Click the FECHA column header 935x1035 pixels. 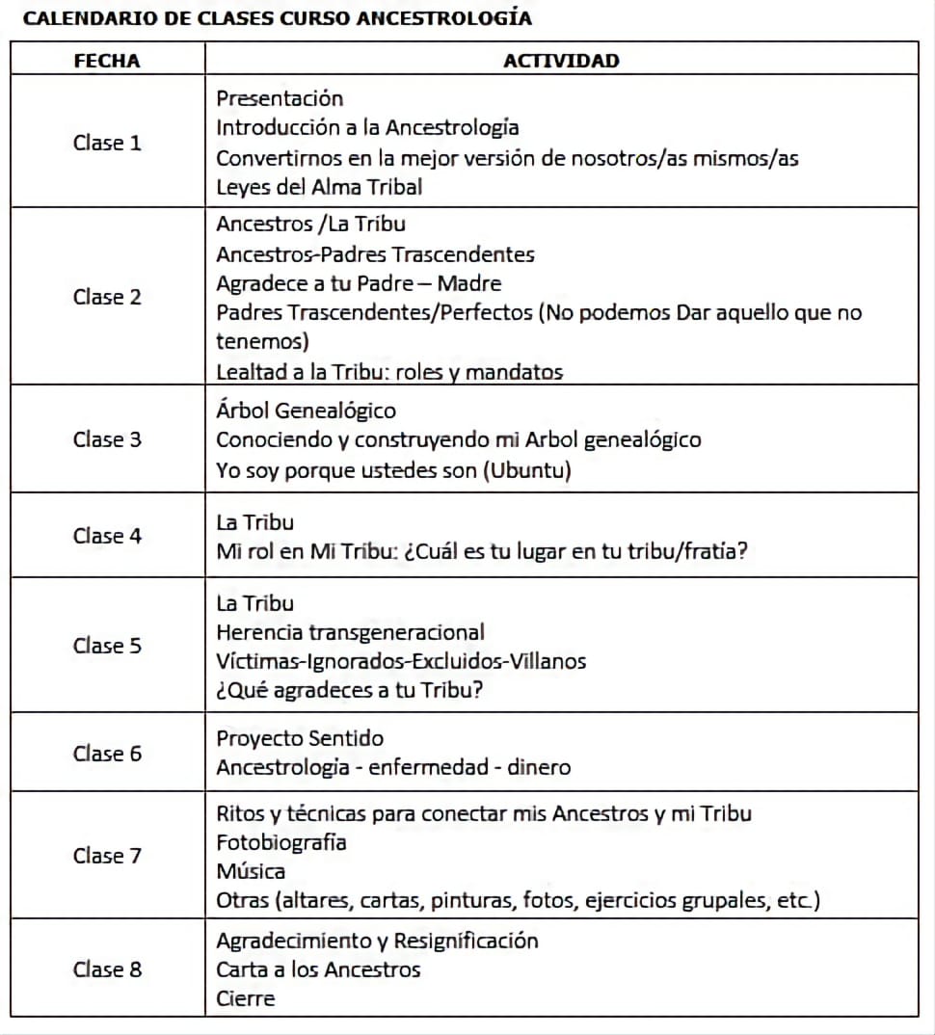pyautogui.click(x=107, y=61)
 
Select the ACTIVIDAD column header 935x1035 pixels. pyautogui.click(x=561, y=61)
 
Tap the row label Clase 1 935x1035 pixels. pyautogui.click(x=107, y=143)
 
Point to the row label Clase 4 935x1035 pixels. pyautogui.click(x=107, y=536)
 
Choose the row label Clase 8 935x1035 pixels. pyautogui.click(x=107, y=969)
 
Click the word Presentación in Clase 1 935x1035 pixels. pyautogui.click(x=280, y=98)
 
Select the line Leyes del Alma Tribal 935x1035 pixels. pyautogui.click(x=319, y=187)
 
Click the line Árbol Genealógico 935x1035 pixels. pyautogui.click(x=306, y=411)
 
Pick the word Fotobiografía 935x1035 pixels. pyautogui.click(x=281, y=842)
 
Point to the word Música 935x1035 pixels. pyautogui.click(x=251, y=871)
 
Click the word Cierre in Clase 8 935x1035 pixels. pyautogui.click(x=245, y=998)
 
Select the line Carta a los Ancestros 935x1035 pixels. pyautogui.click(x=318, y=969)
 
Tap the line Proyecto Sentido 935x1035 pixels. pyautogui.click(x=300, y=738)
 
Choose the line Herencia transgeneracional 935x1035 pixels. pyautogui.click(x=350, y=632)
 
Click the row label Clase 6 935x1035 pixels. pyautogui.click(x=107, y=754)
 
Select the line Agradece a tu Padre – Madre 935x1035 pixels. pyautogui.click(x=359, y=283)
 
